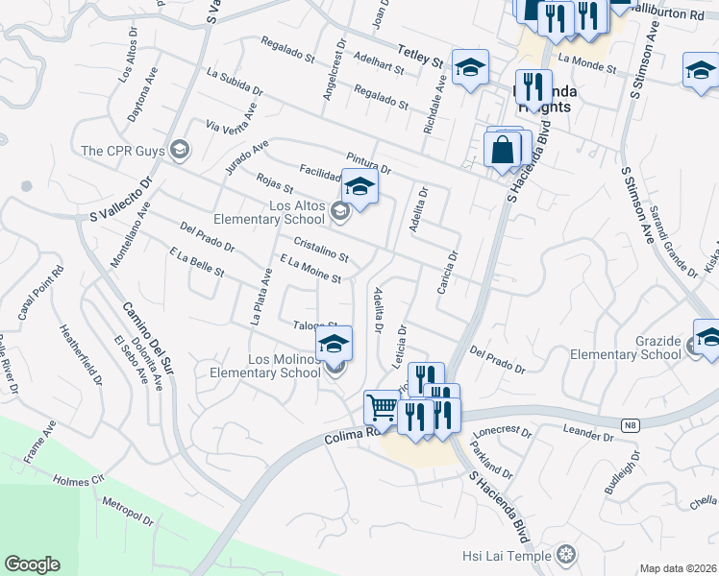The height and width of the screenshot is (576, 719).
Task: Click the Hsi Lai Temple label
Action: point(510,555)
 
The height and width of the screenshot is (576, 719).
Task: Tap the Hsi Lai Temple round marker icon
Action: point(567,554)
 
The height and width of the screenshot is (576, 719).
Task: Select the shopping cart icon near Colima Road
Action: point(382,408)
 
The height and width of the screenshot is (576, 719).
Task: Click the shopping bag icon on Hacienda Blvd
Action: point(503,150)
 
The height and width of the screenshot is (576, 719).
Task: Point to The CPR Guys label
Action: point(123,150)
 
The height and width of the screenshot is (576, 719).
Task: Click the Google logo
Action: point(32,564)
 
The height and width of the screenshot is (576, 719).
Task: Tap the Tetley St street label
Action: point(422,57)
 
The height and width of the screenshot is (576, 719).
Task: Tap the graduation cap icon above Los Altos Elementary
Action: point(359,186)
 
